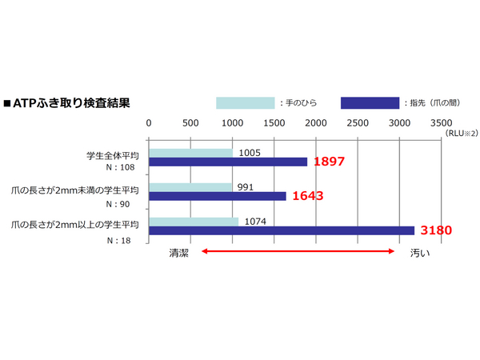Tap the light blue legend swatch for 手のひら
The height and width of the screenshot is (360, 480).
245,102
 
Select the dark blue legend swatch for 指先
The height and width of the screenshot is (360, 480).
370,102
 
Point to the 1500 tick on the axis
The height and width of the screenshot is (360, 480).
274,123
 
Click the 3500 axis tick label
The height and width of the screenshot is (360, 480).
441,123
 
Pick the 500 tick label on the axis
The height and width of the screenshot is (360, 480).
190,123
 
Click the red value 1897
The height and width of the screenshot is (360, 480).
329,162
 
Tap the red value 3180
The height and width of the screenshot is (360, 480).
436,230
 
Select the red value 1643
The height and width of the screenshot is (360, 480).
307,195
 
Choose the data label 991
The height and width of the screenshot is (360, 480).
246,186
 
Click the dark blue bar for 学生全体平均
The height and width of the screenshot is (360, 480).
228,162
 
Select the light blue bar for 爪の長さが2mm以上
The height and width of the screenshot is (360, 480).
194,221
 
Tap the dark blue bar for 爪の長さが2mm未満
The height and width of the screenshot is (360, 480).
217,196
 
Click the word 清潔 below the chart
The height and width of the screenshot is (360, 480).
178,252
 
